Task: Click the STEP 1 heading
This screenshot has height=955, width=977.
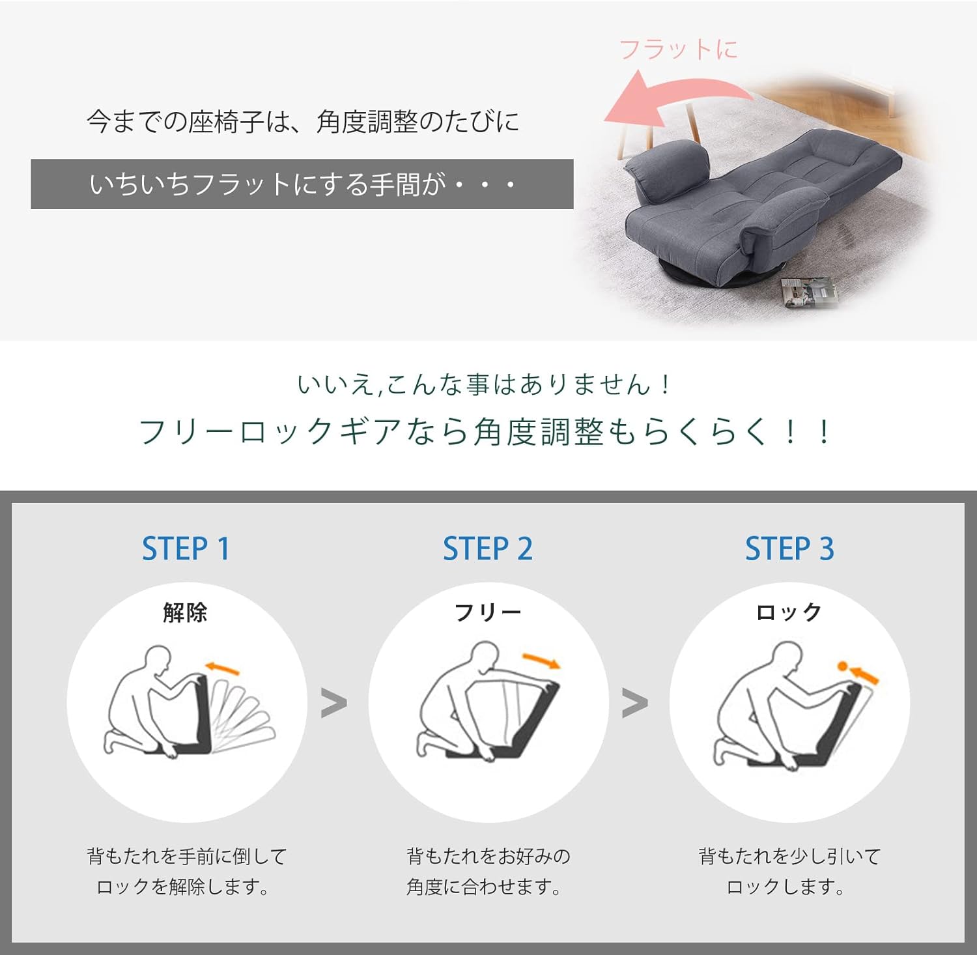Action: [x=186, y=549]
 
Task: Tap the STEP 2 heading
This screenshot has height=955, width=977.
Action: [x=488, y=549]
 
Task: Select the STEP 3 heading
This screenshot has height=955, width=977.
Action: [x=789, y=549]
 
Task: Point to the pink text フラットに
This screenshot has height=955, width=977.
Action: [x=678, y=50]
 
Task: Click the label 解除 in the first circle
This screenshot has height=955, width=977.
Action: [x=186, y=612]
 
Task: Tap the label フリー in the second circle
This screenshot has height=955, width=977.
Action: [x=488, y=612]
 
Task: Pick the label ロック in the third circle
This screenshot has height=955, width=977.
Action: [x=789, y=612]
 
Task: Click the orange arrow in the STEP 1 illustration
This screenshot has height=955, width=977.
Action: [x=222, y=668]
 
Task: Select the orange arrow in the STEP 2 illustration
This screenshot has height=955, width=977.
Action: [x=542, y=660]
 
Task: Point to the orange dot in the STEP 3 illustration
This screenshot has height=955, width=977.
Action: [x=842, y=666]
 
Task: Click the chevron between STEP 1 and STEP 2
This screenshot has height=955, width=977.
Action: [x=334, y=704]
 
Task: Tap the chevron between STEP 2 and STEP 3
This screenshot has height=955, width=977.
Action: [x=635, y=704]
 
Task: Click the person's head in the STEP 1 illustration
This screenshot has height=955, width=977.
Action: [x=158, y=661]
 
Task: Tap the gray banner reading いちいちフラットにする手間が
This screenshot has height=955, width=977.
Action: [x=302, y=184]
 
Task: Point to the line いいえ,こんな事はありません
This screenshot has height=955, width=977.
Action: [x=483, y=384]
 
